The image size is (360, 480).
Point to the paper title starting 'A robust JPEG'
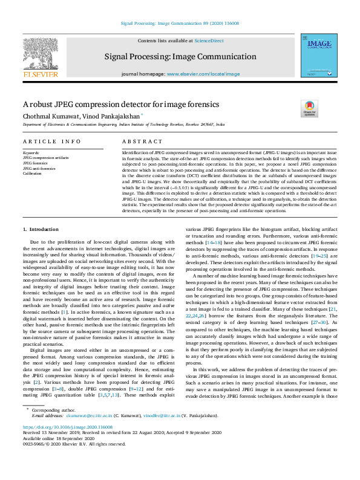120,104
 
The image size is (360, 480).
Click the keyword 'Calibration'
33,173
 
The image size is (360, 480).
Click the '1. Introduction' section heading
41,230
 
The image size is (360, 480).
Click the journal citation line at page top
180,22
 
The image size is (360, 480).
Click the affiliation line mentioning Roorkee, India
123,124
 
